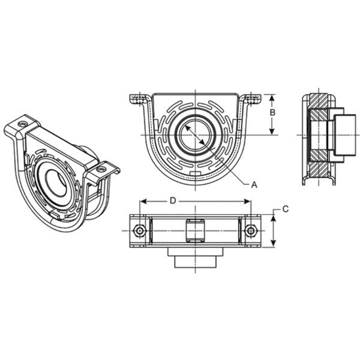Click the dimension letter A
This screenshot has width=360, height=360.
coord(254,185)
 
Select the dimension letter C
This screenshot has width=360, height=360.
coord(286,209)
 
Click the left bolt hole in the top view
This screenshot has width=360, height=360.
coord(140,230)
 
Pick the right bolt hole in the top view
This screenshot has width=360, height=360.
coord(251,230)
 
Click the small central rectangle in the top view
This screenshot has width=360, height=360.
coord(196,230)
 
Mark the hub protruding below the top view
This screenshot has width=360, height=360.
coord(196,259)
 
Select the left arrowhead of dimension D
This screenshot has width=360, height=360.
coord(142,202)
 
